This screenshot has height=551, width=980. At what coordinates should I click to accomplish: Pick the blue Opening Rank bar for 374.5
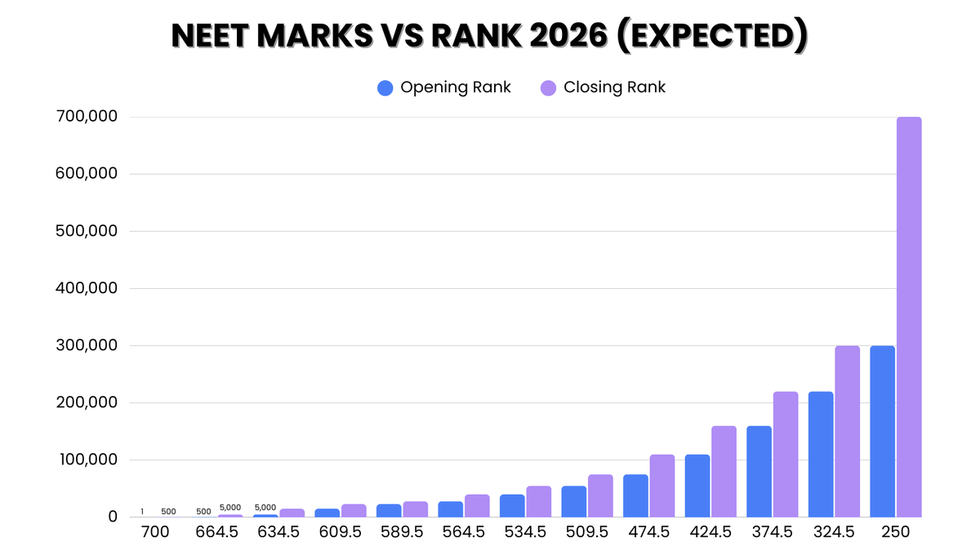[x=759, y=471]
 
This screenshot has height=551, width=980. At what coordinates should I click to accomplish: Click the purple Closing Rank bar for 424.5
[x=724, y=471]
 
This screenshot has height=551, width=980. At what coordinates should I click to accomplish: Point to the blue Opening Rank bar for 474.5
[x=635, y=495]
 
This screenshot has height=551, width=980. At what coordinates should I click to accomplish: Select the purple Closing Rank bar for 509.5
[x=600, y=495]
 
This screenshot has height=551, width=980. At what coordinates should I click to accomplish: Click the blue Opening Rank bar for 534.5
[x=512, y=505]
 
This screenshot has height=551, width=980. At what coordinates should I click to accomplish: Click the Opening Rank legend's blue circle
[x=385, y=88]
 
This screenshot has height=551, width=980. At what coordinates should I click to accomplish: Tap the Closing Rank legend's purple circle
[x=549, y=88]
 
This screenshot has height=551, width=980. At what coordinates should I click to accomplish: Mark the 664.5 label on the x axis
[x=216, y=532]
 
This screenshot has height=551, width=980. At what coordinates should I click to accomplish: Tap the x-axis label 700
[x=154, y=532]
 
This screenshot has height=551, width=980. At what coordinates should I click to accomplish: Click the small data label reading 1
[x=142, y=512]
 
